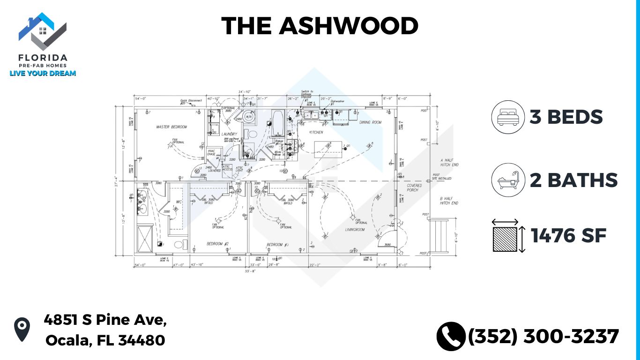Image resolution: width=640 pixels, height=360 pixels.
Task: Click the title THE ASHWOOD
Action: (320, 26)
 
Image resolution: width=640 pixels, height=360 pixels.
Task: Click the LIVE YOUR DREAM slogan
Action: (43, 73)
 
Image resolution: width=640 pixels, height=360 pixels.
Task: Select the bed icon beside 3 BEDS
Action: (508, 117)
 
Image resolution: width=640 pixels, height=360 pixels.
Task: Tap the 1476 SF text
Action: (569, 235)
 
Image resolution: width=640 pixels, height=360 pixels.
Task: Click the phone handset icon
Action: (450, 336)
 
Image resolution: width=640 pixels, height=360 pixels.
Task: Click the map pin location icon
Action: (22, 329)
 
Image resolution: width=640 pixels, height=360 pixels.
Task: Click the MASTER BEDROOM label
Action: (171, 127)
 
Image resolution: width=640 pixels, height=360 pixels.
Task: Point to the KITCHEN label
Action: (316, 132)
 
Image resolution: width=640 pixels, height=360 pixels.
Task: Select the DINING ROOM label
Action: (370, 122)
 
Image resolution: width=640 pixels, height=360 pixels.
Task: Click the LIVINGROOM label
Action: (355, 230)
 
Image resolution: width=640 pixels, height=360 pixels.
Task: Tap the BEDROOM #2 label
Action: (217, 244)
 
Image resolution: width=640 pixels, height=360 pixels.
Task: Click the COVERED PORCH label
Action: (414, 187)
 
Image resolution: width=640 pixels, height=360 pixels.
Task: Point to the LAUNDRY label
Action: (230, 135)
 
